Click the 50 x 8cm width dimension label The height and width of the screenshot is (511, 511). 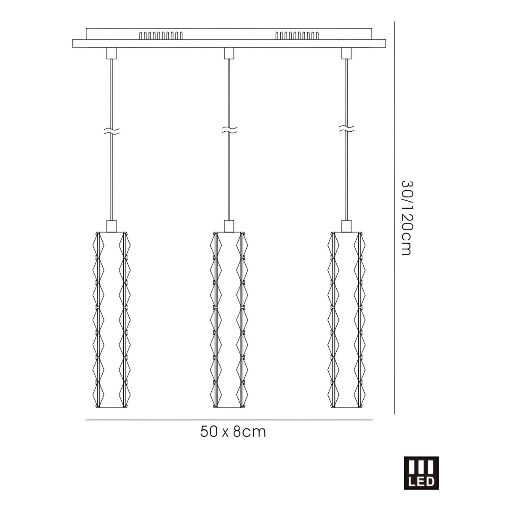(233, 431)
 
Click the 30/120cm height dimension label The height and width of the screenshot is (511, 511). (406, 218)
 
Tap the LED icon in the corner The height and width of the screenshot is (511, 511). (421, 473)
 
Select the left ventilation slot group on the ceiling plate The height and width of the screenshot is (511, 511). (161, 36)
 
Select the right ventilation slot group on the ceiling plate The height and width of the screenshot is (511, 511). (296, 36)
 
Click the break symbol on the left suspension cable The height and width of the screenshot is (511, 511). (112, 131)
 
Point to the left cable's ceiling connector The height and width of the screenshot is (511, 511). (112, 53)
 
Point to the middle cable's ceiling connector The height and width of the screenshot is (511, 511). (229, 53)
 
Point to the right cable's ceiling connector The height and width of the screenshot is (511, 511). (346, 53)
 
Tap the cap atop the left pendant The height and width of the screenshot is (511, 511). (112, 226)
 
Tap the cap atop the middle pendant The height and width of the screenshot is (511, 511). (229, 226)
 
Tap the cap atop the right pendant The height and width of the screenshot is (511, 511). (346, 226)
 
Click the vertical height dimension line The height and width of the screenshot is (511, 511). (394, 218)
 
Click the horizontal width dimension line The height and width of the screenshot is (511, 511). (229, 420)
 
